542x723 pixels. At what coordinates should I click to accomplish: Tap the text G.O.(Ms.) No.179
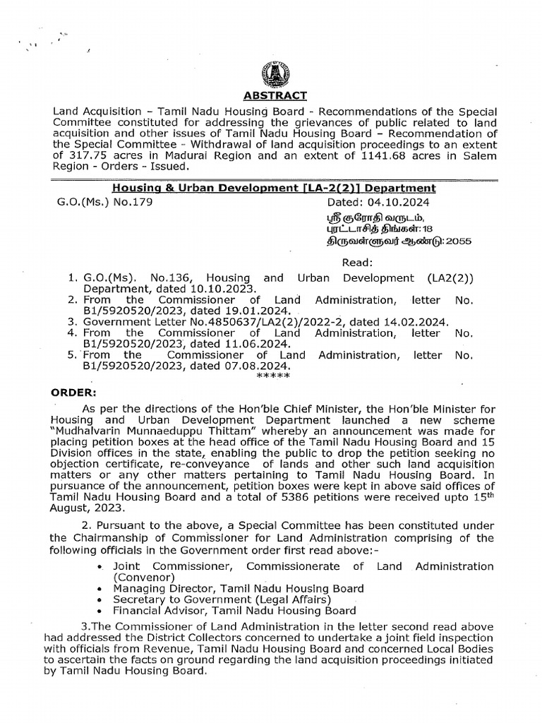[x=104, y=201]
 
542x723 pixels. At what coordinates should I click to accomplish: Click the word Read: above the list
[x=356, y=262]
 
